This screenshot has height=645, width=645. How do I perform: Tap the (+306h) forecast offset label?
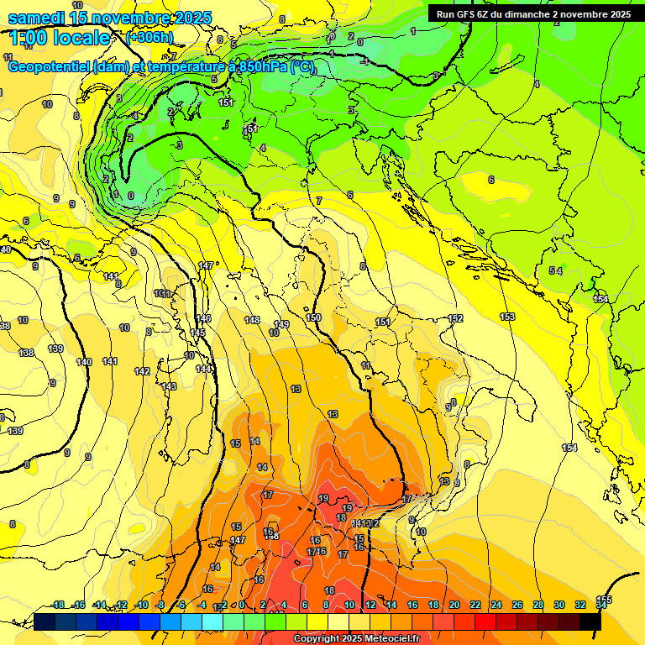click(x=149, y=37)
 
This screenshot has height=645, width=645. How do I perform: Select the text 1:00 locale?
click(x=60, y=38)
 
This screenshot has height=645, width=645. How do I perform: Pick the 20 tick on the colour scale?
click(x=454, y=605)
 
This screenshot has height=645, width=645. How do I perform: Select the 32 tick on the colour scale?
click(x=579, y=605)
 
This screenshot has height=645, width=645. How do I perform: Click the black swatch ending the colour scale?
click(x=590, y=621)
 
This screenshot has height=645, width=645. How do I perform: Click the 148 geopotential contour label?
click(x=252, y=320)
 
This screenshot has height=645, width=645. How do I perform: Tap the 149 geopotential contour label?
click(x=281, y=324)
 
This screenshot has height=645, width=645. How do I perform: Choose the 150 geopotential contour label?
click(x=313, y=317)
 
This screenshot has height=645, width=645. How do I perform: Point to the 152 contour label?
click(x=455, y=318)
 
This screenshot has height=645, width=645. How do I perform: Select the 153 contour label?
click(x=506, y=317)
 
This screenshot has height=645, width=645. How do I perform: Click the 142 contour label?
click(x=142, y=370)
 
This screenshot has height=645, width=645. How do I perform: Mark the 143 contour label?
click(x=170, y=386)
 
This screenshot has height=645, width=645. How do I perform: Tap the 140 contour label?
click(x=84, y=362)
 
